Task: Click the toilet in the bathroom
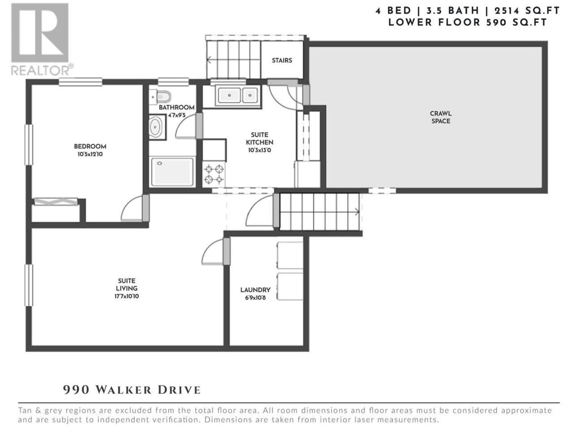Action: point(160,97)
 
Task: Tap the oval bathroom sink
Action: point(155,127)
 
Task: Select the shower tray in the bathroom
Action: point(172,172)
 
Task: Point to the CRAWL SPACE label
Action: point(441,117)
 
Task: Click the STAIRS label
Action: point(282,60)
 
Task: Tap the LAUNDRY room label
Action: point(255,290)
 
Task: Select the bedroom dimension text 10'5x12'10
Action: point(90,154)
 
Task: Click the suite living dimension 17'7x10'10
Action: point(126,296)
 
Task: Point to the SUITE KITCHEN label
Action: point(259,138)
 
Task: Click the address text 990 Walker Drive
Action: point(132,390)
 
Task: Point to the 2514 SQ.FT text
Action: point(527,11)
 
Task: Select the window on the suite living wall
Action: point(29,285)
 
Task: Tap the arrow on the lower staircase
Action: point(357,211)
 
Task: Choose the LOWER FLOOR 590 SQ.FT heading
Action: point(467,22)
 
